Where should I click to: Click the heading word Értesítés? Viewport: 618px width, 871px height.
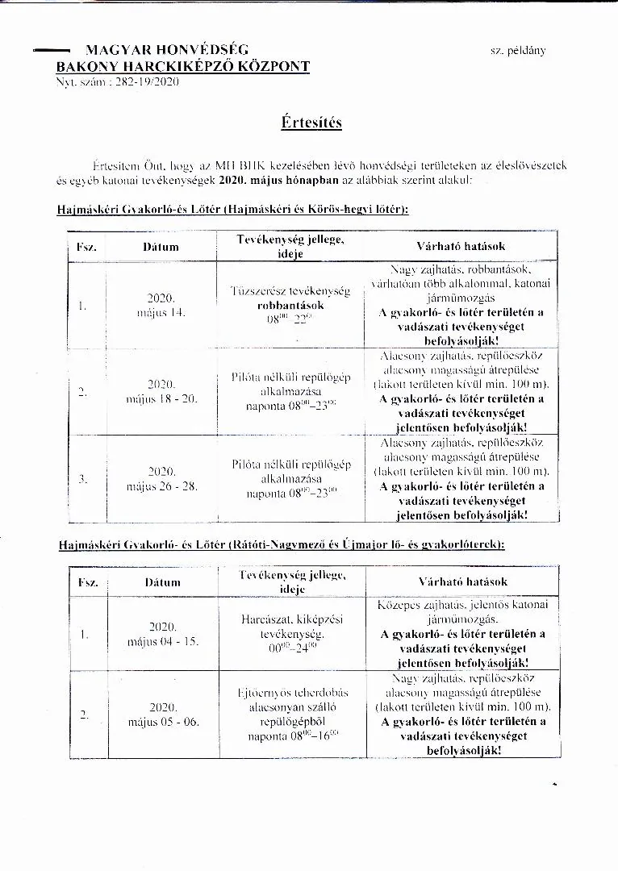pos(311,122)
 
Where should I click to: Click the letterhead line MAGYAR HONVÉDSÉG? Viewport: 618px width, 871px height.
pos(167,50)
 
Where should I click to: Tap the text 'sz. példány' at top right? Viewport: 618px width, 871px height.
pos(517,50)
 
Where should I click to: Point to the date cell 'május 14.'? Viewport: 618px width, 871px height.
pos(161,313)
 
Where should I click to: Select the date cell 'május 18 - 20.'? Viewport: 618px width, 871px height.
pos(161,399)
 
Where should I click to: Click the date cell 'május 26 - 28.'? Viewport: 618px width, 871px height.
pos(161,486)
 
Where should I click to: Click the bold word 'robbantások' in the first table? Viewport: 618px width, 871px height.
pos(290,306)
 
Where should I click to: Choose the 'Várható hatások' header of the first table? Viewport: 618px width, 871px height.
pos(460,245)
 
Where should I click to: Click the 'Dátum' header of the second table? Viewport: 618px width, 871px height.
pos(162,581)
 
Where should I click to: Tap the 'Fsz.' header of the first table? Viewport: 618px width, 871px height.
pos(86,247)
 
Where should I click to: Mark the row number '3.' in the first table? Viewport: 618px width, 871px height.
pos(83,478)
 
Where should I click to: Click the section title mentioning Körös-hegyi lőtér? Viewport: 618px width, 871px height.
pos(232,210)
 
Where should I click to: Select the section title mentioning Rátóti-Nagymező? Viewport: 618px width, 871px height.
pos(282,545)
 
